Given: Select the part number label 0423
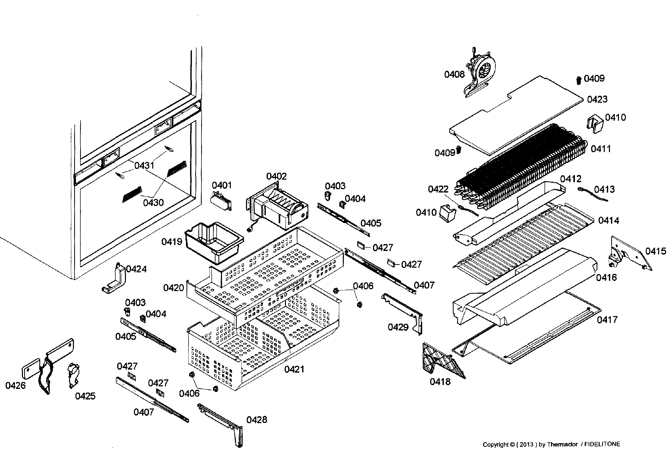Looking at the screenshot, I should click(597, 99).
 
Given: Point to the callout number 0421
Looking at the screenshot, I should click(294, 369).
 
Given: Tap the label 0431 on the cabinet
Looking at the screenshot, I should click(144, 165).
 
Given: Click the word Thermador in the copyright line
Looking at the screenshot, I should click(562, 444).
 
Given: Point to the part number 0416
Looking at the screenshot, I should click(606, 277).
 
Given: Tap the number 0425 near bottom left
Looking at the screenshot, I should click(85, 396).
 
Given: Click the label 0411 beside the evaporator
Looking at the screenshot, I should click(600, 149).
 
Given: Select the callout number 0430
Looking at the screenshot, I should click(153, 203).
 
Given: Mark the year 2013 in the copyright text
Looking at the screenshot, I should click(526, 444).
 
